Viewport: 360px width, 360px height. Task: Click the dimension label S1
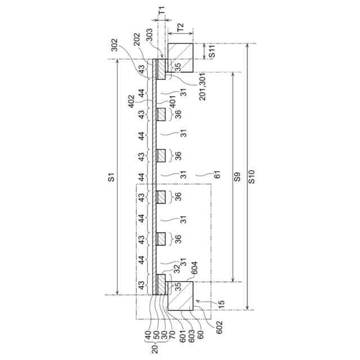coord(111,178)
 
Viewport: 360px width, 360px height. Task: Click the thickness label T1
coord(162,10)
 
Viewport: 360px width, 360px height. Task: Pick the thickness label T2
coord(179,26)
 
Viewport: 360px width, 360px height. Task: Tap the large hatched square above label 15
coord(179,296)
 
